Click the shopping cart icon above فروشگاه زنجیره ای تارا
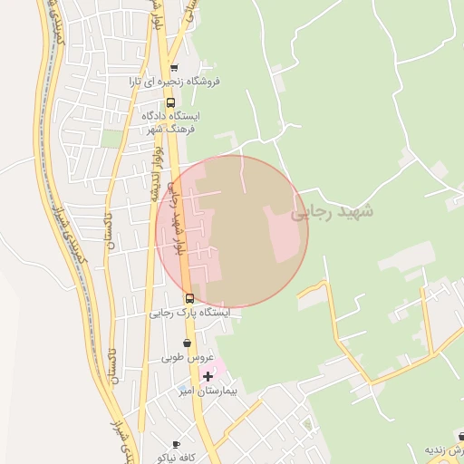coord(174,67)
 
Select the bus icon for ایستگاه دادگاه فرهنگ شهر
coord(171,102)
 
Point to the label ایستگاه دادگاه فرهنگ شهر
coord(172,122)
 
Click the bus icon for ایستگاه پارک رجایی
coord(189,298)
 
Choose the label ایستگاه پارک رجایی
coord(190,312)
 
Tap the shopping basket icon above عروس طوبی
coord(187,343)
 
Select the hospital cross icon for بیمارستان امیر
coord(208,375)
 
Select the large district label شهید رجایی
coord(333,211)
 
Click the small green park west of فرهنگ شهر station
coord(111,138)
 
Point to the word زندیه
coord(447,450)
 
